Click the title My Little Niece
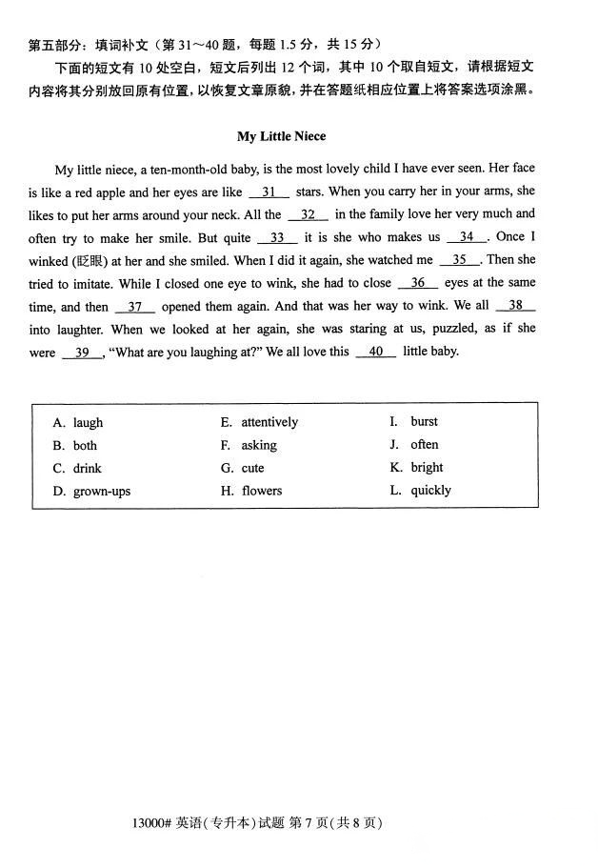pyautogui.click(x=282, y=136)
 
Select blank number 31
pyautogui.click(x=269, y=192)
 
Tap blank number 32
pyautogui.click(x=308, y=215)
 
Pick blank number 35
pyautogui.click(x=460, y=260)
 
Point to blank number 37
pyautogui.click(x=135, y=308)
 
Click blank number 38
pyautogui.click(x=515, y=306)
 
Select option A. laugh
pyautogui.click(x=78, y=423)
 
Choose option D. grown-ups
pyautogui.click(x=91, y=492)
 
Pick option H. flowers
pyautogui.click(x=251, y=491)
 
